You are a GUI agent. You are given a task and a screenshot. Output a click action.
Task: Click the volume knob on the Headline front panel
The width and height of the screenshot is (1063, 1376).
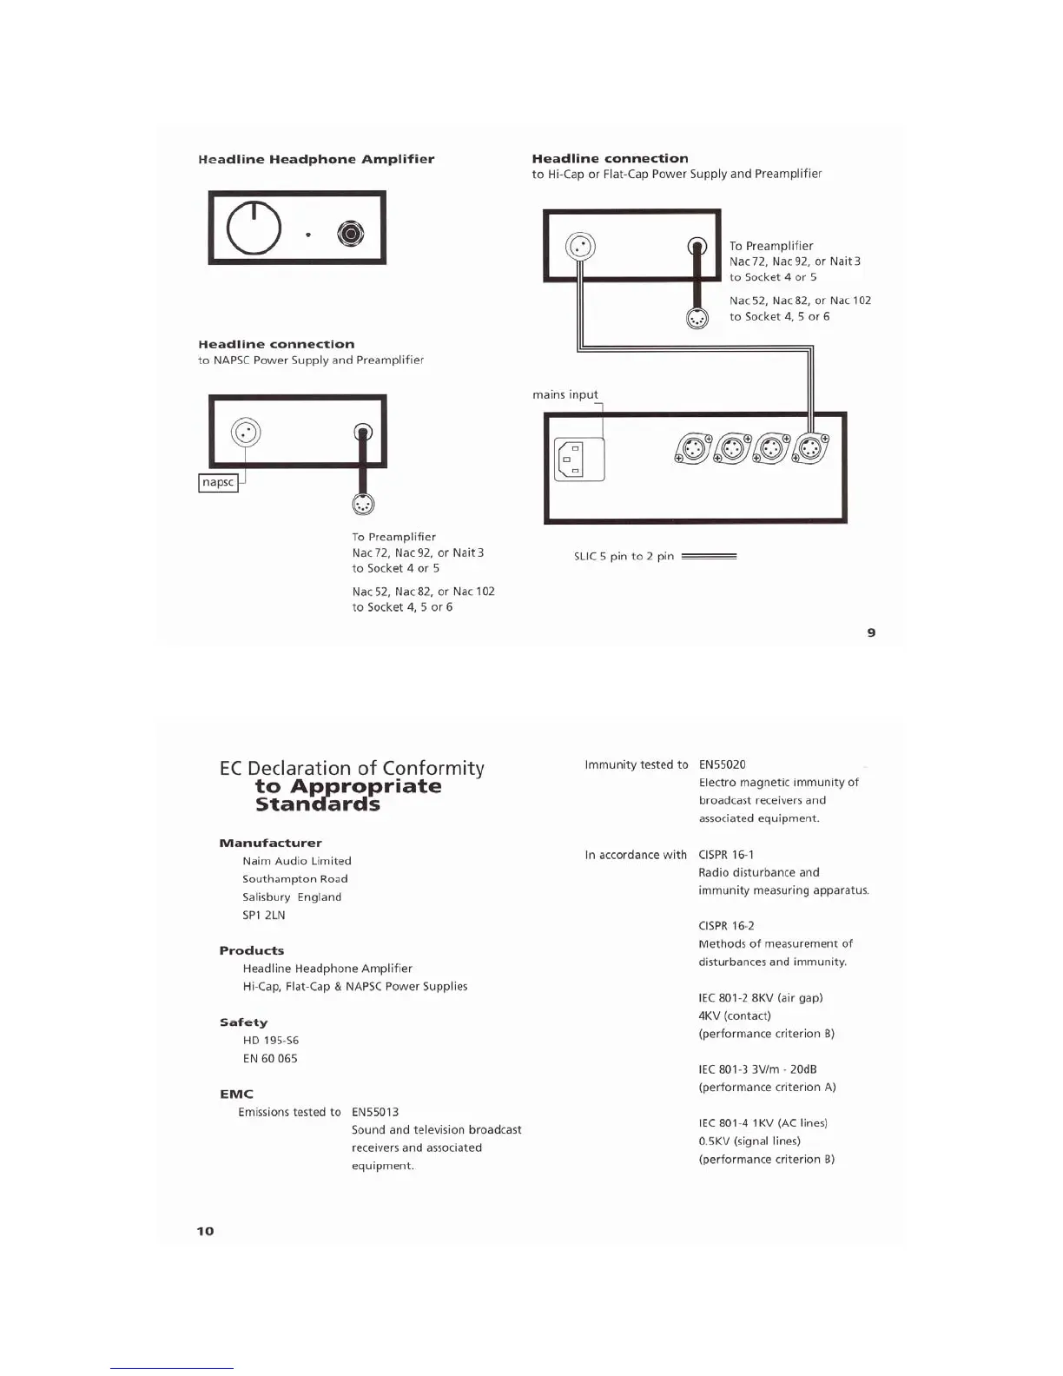click(x=254, y=228)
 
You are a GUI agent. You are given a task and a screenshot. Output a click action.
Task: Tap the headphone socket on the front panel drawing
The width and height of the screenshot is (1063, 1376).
click(x=351, y=234)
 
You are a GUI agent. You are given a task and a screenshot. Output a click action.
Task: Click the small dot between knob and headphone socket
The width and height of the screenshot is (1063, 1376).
click(x=308, y=235)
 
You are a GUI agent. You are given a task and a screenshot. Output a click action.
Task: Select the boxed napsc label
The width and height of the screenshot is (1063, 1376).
click(x=218, y=482)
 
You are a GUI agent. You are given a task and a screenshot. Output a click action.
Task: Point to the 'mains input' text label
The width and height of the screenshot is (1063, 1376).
click(x=565, y=394)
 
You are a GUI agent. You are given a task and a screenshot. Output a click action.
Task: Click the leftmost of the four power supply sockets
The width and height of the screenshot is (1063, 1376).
click(x=692, y=449)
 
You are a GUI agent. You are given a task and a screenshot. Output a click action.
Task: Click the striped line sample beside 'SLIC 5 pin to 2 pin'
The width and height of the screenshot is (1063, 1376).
click(x=709, y=556)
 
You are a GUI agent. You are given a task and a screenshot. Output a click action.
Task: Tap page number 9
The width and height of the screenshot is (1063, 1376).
click(x=871, y=632)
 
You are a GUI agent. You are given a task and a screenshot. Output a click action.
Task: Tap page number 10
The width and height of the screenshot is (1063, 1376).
click(x=205, y=1231)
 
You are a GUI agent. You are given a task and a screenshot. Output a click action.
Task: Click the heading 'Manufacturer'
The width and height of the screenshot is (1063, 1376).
click(x=270, y=843)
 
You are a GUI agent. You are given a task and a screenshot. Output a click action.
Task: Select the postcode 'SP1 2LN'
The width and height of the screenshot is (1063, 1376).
click(x=264, y=915)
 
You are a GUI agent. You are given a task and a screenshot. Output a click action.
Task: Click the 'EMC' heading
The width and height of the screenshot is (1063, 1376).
click(x=236, y=1094)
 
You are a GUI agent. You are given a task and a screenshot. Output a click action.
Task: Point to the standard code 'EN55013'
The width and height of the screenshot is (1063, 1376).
click(x=375, y=1112)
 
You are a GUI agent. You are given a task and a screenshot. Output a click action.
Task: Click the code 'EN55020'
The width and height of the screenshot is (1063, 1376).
click(x=722, y=764)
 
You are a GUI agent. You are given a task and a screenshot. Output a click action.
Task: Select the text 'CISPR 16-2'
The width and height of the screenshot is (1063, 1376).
click(x=726, y=926)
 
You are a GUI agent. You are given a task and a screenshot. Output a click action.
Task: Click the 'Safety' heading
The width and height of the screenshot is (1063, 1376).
click(x=243, y=1022)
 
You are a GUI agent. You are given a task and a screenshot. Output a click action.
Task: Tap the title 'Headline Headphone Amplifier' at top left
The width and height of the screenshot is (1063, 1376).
click(x=316, y=159)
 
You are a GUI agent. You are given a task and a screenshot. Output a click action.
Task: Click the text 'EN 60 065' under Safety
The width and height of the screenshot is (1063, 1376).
click(x=270, y=1058)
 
